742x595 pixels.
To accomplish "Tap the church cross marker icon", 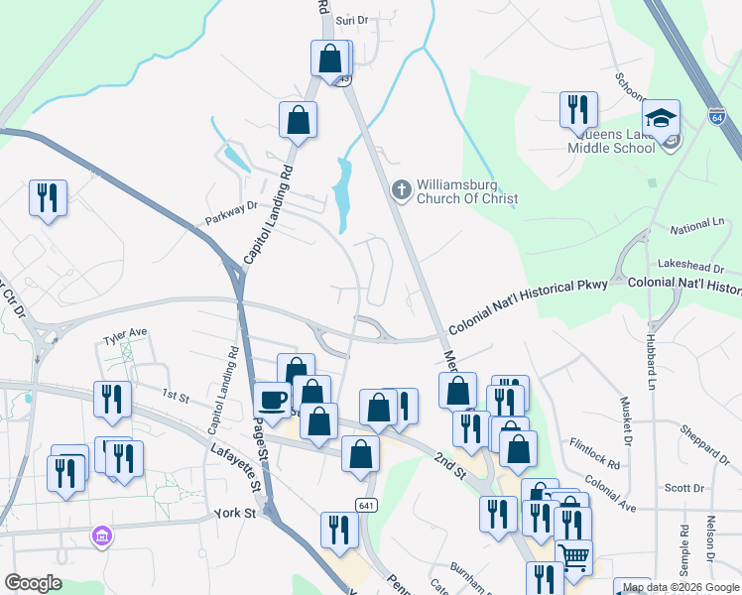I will click(x=401, y=188).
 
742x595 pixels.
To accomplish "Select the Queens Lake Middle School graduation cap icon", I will click(x=661, y=119).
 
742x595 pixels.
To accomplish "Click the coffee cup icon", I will click(x=272, y=401).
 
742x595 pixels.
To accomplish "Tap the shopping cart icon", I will click(x=573, y=558).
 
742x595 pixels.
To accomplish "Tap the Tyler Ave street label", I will click(x=125, y=332).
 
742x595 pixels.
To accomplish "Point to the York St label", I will click(x=235, y=514).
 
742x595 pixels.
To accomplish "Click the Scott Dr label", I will click(x=683, y=488).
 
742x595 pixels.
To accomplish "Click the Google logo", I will click(x=34, y=583).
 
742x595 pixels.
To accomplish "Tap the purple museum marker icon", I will click(x=100, y=536).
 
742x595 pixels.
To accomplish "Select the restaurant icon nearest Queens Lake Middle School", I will click(x=577, y=110).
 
